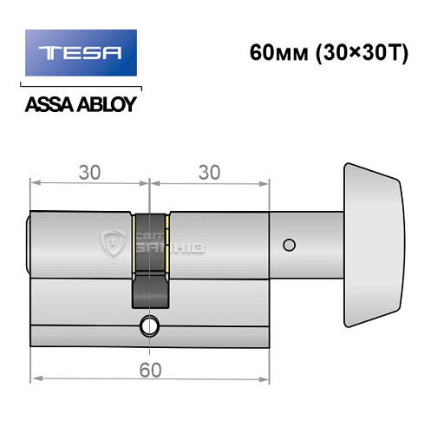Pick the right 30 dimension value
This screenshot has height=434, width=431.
coord(209,171)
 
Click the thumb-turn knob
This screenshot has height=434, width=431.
coord(372,243)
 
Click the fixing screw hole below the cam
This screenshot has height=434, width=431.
coord(150,328)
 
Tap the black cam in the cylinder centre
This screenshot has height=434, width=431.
coord(149,260)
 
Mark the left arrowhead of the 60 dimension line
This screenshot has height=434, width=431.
coord(36,378)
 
